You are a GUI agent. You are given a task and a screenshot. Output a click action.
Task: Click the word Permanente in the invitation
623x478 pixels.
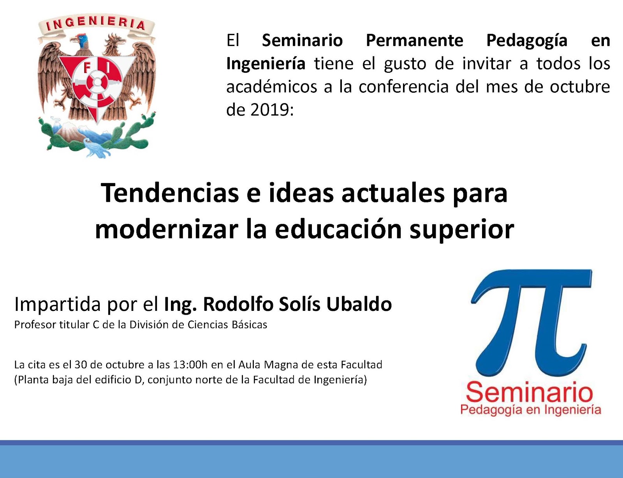[414, 40]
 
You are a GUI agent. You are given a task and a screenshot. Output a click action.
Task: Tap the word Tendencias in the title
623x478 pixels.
[170, 193]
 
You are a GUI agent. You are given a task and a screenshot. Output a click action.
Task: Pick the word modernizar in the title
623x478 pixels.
[167, 229]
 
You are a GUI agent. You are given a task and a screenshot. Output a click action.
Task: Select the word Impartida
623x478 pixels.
[57, 305]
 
